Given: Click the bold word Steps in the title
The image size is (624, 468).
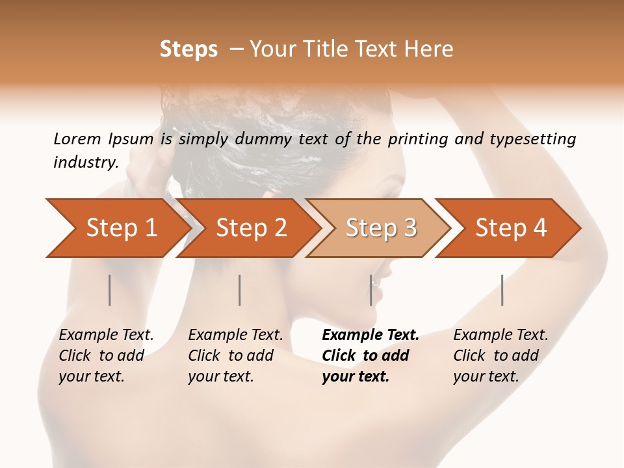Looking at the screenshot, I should point(188,49).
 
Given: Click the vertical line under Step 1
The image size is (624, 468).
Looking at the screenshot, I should point(110,290).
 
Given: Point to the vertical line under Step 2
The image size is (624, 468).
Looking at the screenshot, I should point(240,290).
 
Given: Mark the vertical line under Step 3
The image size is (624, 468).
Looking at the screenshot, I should point(371,290).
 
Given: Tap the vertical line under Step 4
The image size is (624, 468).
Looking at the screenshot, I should point(502,290).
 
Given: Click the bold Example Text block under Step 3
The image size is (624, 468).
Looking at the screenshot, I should point(370,356).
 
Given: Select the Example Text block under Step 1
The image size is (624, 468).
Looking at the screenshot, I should point(106,356).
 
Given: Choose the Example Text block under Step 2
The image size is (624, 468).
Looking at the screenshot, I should point(235,356).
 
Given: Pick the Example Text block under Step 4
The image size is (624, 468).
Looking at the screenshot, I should point(500,356).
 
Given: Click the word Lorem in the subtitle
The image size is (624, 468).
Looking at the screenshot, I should point(77,139).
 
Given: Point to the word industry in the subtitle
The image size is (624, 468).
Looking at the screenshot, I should point(85,162).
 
